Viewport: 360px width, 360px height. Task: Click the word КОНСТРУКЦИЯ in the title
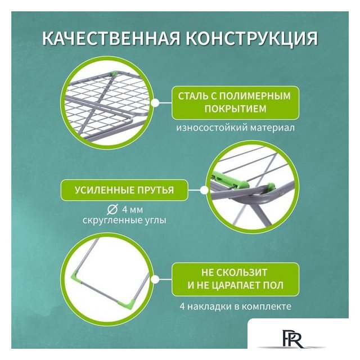coord(251,39)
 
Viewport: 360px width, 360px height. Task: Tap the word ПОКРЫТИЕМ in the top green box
coord(235,109)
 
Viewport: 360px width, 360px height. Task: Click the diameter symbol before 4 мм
coord(112,209)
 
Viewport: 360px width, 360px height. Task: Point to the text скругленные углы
coord(124,220)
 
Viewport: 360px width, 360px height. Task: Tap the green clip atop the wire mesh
coord(114,74)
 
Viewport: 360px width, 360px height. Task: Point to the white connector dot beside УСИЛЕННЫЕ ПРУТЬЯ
coord(204,190)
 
